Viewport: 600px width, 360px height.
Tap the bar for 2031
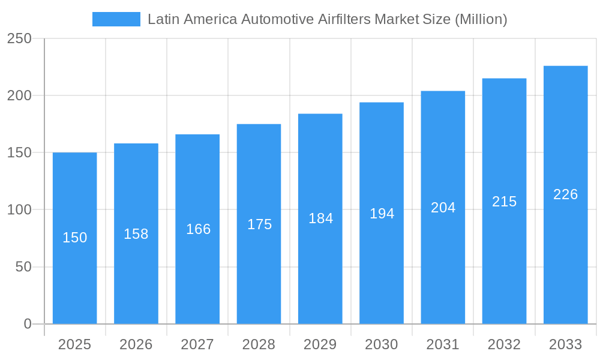click(x=443, y=270)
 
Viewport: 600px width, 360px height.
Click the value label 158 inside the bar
click(x=136, y=234)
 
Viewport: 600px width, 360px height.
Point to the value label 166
click(x=198, y=229)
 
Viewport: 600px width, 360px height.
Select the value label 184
click(x=320, y=218)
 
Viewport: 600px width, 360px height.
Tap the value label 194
click(x=382, y=213)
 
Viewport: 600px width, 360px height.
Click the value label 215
click(x=504, y=202)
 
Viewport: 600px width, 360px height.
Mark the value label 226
click(x=565, y=194)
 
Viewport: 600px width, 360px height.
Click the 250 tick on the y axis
click(x=19, y=38)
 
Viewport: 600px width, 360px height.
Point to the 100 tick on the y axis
click(x=19, y=210)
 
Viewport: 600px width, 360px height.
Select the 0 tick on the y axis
click(x=28, y=324)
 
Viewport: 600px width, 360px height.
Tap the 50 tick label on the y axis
click(x=23, y=267)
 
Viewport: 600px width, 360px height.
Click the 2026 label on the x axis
click(x=136, y=344)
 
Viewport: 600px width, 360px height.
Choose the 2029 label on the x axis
click(x=320, y=344)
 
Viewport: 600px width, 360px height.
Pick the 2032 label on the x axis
click(x=504, y=344)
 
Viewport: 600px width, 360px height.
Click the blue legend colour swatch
click(x=116, y=19)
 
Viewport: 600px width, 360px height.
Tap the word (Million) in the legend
click(x=481, y=19)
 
